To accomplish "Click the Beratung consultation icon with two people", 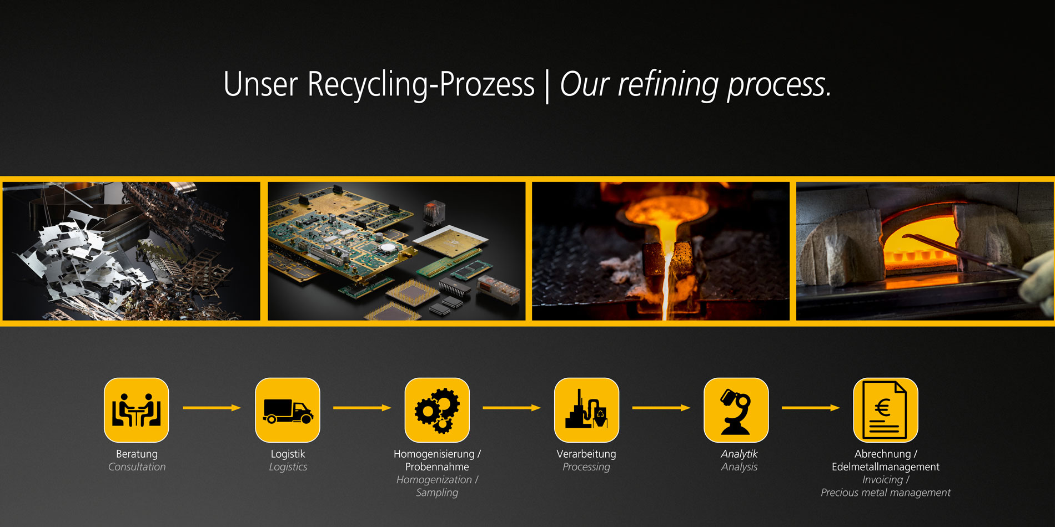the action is pos(137,410).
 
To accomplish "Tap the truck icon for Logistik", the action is pos(288,410).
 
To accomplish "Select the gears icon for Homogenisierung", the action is pos(437,410).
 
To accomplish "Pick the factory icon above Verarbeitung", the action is pos(586,410).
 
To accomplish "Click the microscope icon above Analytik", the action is pos(736,410).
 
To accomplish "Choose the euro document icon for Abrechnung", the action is pos(886,410).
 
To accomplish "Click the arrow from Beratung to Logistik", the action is pos(212,408).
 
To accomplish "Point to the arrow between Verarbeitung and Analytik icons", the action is pos(661,408).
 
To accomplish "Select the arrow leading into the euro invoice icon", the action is pos(811,408).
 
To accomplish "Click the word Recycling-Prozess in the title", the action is pos(421,85).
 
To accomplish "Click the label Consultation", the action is pos(137,467).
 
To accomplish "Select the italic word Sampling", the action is pos(437,493).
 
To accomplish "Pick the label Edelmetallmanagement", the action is pos(886,467).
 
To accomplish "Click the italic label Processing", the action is pos(586,467).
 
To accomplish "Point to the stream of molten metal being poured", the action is pos(665,277).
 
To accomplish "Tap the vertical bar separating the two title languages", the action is pos(547,86).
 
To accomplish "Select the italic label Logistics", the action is pos(288,467).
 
